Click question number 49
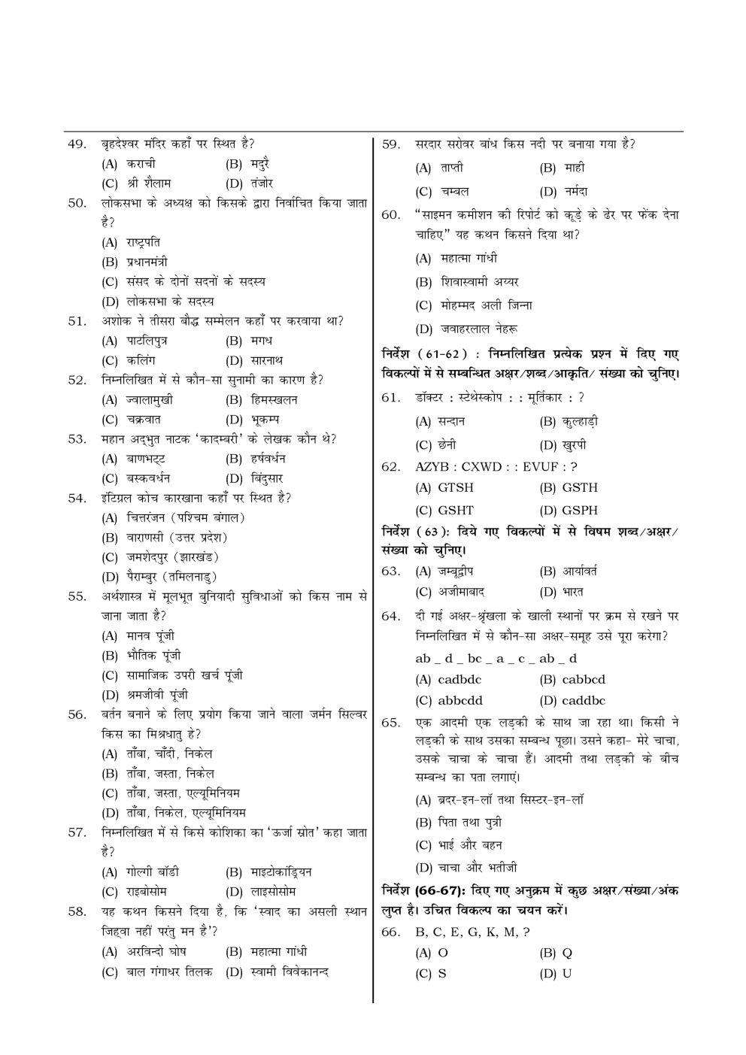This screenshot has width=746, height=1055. (77, 144)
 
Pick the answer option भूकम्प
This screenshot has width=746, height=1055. (264, 420)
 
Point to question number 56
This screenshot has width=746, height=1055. (77, 714)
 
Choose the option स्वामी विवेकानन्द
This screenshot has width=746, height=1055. (290, 972)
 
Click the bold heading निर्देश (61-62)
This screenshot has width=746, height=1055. (429, 353)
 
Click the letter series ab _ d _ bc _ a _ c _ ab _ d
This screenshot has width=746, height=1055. (496, 659)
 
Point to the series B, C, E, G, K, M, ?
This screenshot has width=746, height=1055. (472, 932)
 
